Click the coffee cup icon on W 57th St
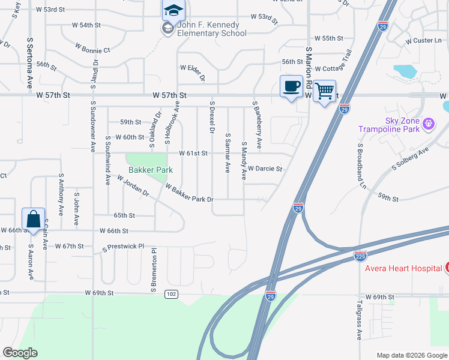tap(291, 86)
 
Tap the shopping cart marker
tap(324, 91)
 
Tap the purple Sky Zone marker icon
tap(428, 124)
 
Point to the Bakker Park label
tap(149, 170)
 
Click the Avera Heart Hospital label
tap(403, 268)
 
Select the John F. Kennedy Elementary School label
tap(208, 29)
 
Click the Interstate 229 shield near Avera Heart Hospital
tap(360, 256)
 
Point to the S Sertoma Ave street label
tap(29, 62)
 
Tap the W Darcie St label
tap(265, 169)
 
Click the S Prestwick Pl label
tap(125, 247)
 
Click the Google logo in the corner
tap(20, 353)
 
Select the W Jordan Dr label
tap(133, 186)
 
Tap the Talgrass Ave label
tap(359, 321)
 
